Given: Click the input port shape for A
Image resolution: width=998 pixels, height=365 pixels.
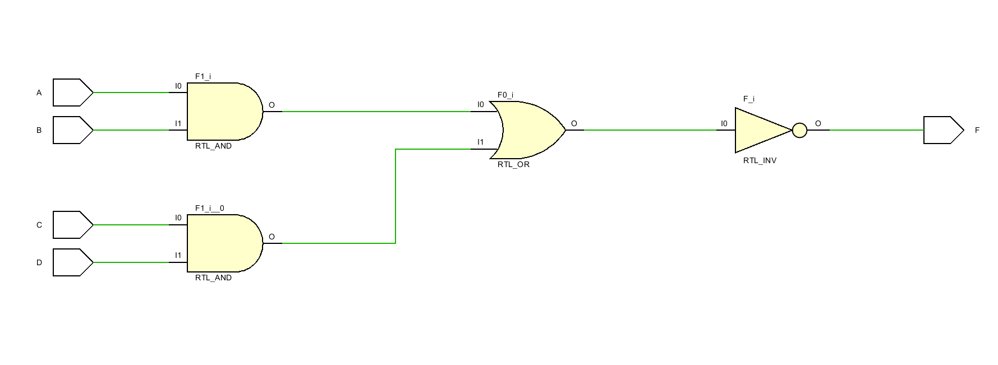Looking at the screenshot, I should click(x=72, y=93).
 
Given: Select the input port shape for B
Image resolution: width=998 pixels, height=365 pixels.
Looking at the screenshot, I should click(x=72, y=130).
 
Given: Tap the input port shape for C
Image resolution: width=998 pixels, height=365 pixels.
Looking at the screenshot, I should click(x=72, y=225).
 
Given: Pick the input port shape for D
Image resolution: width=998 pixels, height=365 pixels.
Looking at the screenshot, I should click(x=72, y=262).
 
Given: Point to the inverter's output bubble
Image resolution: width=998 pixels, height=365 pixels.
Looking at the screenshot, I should click(x=799, y=131).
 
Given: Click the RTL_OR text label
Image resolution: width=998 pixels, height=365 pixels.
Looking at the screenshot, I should click(x=513, y=164).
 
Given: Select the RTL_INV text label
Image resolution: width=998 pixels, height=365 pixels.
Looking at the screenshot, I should click(x=760, y=160).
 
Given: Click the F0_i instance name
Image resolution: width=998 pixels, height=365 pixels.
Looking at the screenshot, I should click(x=505, y=95).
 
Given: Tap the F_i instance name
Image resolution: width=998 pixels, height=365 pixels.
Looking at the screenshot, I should click(x=748, y=99).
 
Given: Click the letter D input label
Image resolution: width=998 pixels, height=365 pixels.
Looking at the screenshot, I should click(x=39, y=262).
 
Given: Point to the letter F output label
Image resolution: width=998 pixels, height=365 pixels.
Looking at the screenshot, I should click(x=977, y=130).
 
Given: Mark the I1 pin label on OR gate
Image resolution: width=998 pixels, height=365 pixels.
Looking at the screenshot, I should click(x=480, y=142).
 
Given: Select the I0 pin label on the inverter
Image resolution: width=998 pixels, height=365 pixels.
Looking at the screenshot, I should click(x=724, y=123).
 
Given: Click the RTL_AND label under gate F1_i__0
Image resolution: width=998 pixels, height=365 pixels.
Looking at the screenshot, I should click(x=213, y=278).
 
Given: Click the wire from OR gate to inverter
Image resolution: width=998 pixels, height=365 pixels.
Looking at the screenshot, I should click(x=651, y=130).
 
